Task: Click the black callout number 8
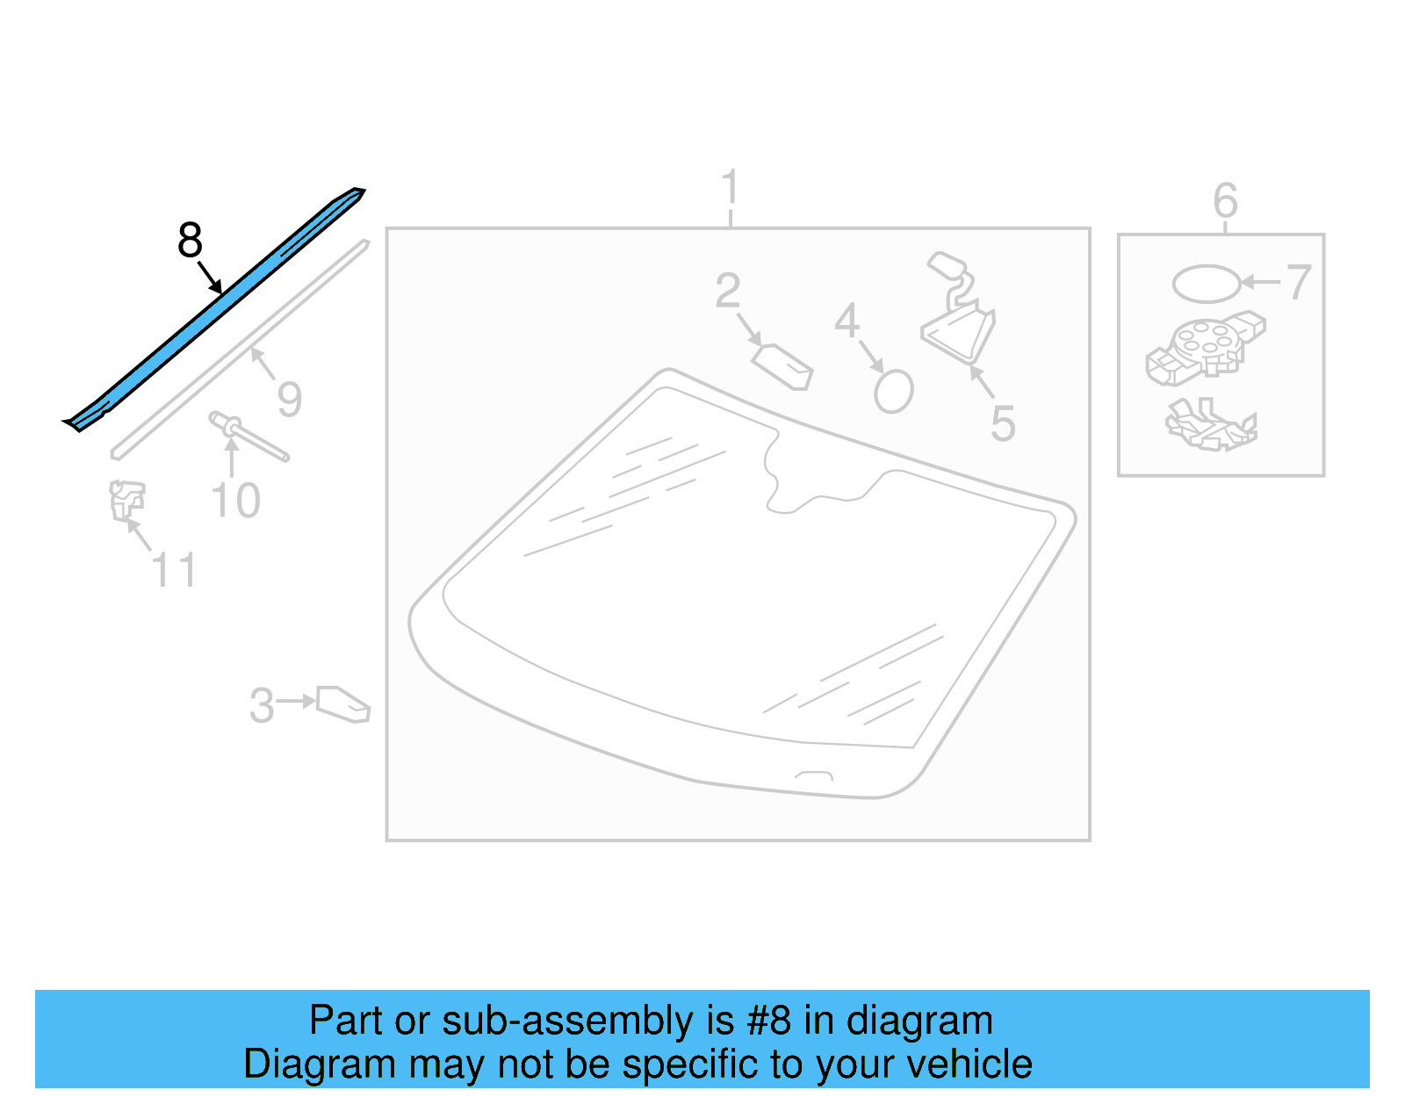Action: pyautogui.click(x=190, y=240)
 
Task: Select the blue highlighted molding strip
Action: pyautogui.click(x=213, y=309)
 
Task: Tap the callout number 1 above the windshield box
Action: pyautogui.click(x=730, y=187)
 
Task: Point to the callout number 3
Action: pyautogui.click(x=262, y=705)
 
